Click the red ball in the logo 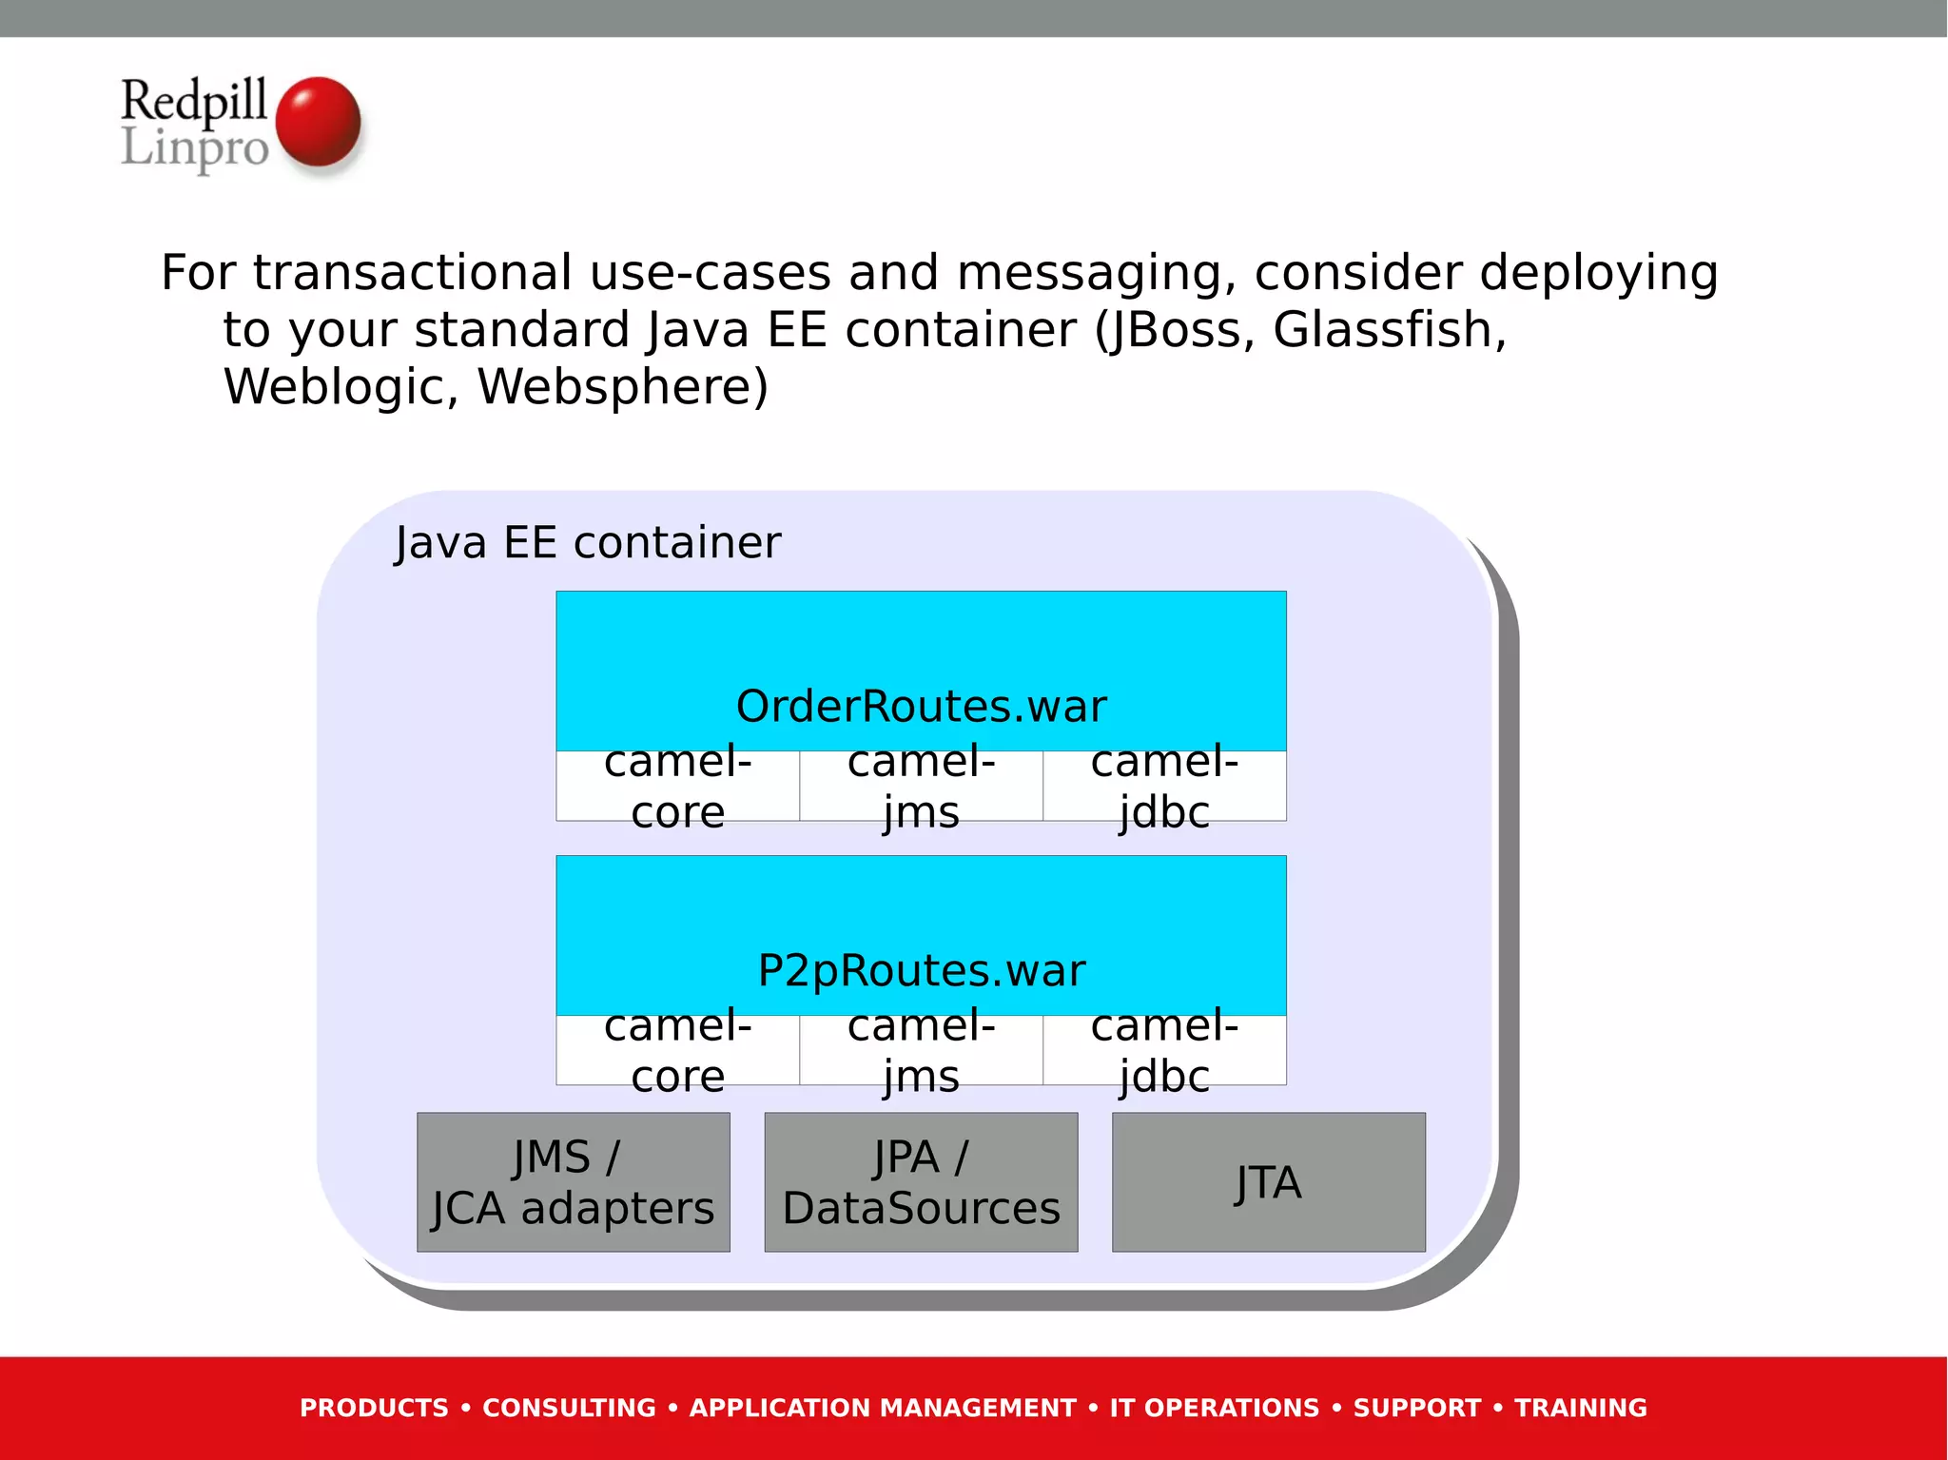(318, 123)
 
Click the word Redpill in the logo (194, 100)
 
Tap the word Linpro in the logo (194, 148)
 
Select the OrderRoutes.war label (921, 706)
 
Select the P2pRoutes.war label (921, 970)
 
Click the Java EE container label (588, 543)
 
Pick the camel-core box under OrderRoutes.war (677, 787)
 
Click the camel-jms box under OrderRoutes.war (921, 787)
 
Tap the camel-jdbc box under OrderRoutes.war (1164, 787)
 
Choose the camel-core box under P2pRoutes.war (677, 1051)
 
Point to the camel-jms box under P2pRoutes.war (921, 1051)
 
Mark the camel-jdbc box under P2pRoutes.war (1164, 1051)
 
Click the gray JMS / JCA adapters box (574, 1182)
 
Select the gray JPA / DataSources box (921, 1182)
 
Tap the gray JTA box (1268, 1182)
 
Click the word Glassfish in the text (1389, 330)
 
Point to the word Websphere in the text (622, 387)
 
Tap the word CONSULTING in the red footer (569, 1408)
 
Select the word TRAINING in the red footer (1580, 1408)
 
